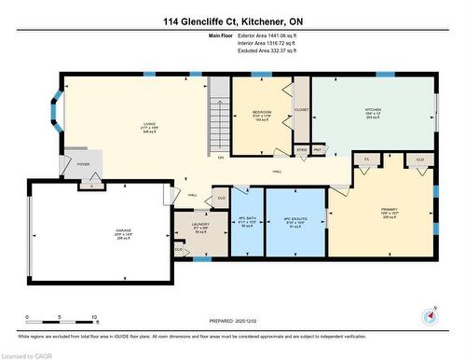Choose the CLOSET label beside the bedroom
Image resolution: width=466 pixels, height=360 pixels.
pyautogui.click(x=301, y=109)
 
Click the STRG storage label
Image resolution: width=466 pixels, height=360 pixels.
pyautogui.click(x=301, y=149)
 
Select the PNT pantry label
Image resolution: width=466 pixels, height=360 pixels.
pyautogui.click(x=318, y=149)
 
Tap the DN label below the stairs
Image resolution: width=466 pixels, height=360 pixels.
pyautogui.click(x=220, y=157)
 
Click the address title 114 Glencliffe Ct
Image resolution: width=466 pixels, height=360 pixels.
pyautogui.click(x=233, y=21)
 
